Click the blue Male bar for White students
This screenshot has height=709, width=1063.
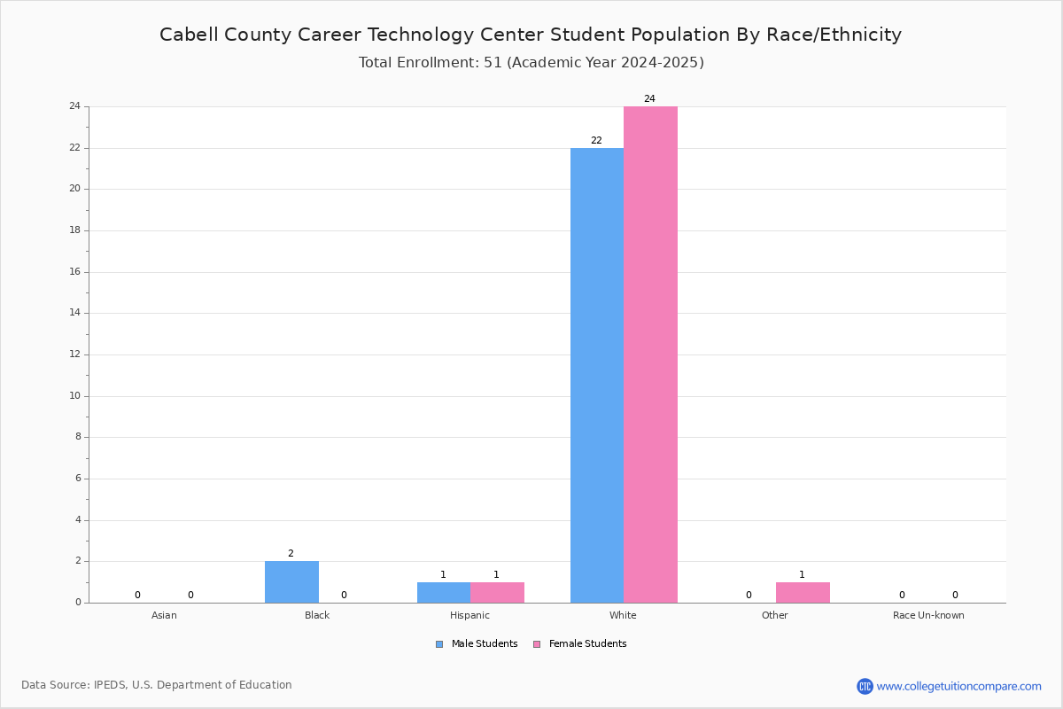coord(597,375)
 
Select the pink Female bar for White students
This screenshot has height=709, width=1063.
coord(650,354)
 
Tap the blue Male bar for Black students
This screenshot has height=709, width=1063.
coord(291,582)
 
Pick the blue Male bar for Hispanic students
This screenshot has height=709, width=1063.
coord(444,593)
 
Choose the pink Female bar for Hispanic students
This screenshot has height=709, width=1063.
coord(497,593)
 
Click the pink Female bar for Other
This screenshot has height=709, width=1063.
coord(803,593)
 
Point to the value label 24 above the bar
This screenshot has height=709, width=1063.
coord(649,98)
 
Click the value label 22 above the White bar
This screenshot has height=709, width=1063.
coord(596,141)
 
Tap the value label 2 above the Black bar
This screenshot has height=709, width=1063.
coord(291,553)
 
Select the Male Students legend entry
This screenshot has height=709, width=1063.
coord(477,644)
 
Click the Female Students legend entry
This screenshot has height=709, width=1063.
coord(580,644)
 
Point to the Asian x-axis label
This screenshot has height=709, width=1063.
coord(164,615)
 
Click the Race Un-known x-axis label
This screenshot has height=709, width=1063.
coord(928,615)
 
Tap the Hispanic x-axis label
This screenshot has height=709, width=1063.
coord(469,615)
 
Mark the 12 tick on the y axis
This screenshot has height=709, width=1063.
coord(75,354)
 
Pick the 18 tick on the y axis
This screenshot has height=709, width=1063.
coord(75,230)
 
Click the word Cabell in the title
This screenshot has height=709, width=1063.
coord(188,35)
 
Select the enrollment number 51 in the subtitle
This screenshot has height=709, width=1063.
coord(493,63)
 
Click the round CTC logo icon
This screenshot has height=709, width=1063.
coord(865,686)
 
